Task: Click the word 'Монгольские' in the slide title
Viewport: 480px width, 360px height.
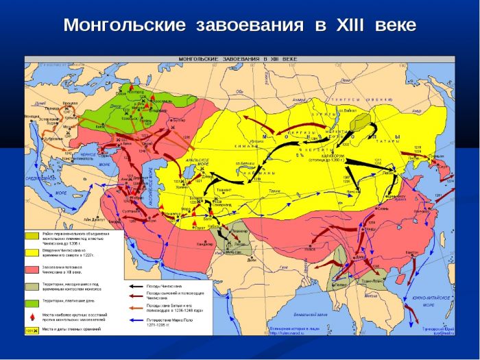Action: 124,25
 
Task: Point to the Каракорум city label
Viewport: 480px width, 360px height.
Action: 322,154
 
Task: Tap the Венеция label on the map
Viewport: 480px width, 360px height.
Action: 32,117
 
